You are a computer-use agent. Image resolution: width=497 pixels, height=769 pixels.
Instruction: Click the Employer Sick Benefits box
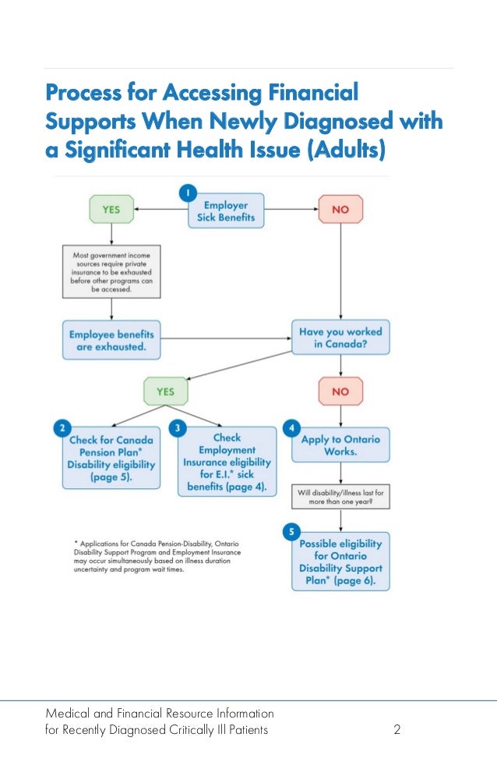coord(225,211)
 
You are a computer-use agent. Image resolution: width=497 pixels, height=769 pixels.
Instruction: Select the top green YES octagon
coord(111,209)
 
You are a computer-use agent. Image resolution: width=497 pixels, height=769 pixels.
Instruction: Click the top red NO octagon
coord(340,209)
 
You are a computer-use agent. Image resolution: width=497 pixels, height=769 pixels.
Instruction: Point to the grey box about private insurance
coord(111,271)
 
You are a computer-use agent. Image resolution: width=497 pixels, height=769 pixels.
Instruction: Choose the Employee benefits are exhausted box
coord(111,339)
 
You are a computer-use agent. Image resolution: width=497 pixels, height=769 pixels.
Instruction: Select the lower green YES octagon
coord(166,391)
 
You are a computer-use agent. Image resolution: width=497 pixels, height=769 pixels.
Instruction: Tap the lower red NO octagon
coord(340,391)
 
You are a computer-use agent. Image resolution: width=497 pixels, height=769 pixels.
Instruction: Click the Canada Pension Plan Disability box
coord(111,458)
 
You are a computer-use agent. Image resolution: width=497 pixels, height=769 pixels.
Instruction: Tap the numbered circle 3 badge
coord(179,428)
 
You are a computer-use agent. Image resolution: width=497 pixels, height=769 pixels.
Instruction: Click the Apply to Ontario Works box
coord(340,445)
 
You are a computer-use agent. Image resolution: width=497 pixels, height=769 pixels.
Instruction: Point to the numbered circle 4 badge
coord(291,428)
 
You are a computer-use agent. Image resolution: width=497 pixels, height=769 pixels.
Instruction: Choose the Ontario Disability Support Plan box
coord(340,562)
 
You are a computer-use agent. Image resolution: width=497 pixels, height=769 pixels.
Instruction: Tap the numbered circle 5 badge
coord(291,532)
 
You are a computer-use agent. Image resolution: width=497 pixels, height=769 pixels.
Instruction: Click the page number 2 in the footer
coord(397,730)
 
